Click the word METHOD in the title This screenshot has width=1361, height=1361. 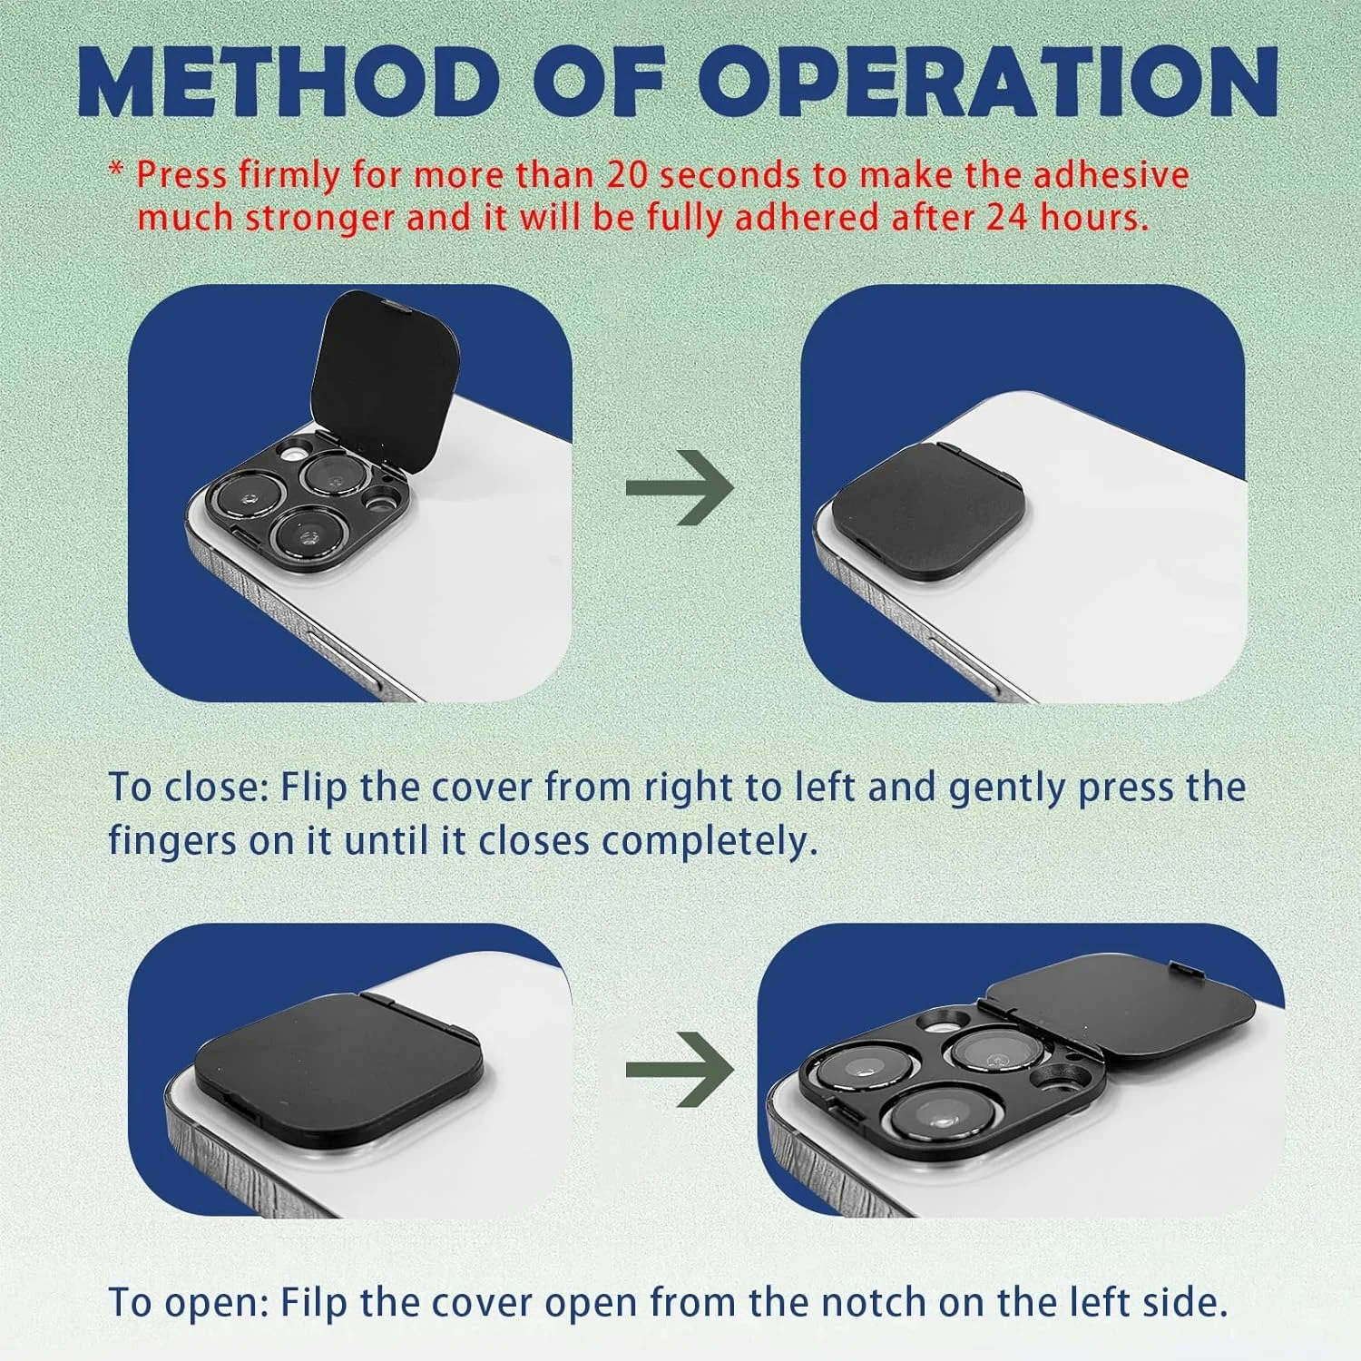tap(289, 83)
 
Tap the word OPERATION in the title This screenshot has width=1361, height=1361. tap(988, 83)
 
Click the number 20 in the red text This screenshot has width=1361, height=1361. tap(629, 175)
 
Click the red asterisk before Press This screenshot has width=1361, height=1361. tap(116, 171)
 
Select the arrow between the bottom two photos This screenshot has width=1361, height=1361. tap(680, 1070)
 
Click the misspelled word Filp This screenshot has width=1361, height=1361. tap(314, 1303)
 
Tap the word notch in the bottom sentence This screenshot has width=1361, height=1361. tap(875, 1303)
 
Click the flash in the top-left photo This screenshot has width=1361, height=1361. tap(292, 451)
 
